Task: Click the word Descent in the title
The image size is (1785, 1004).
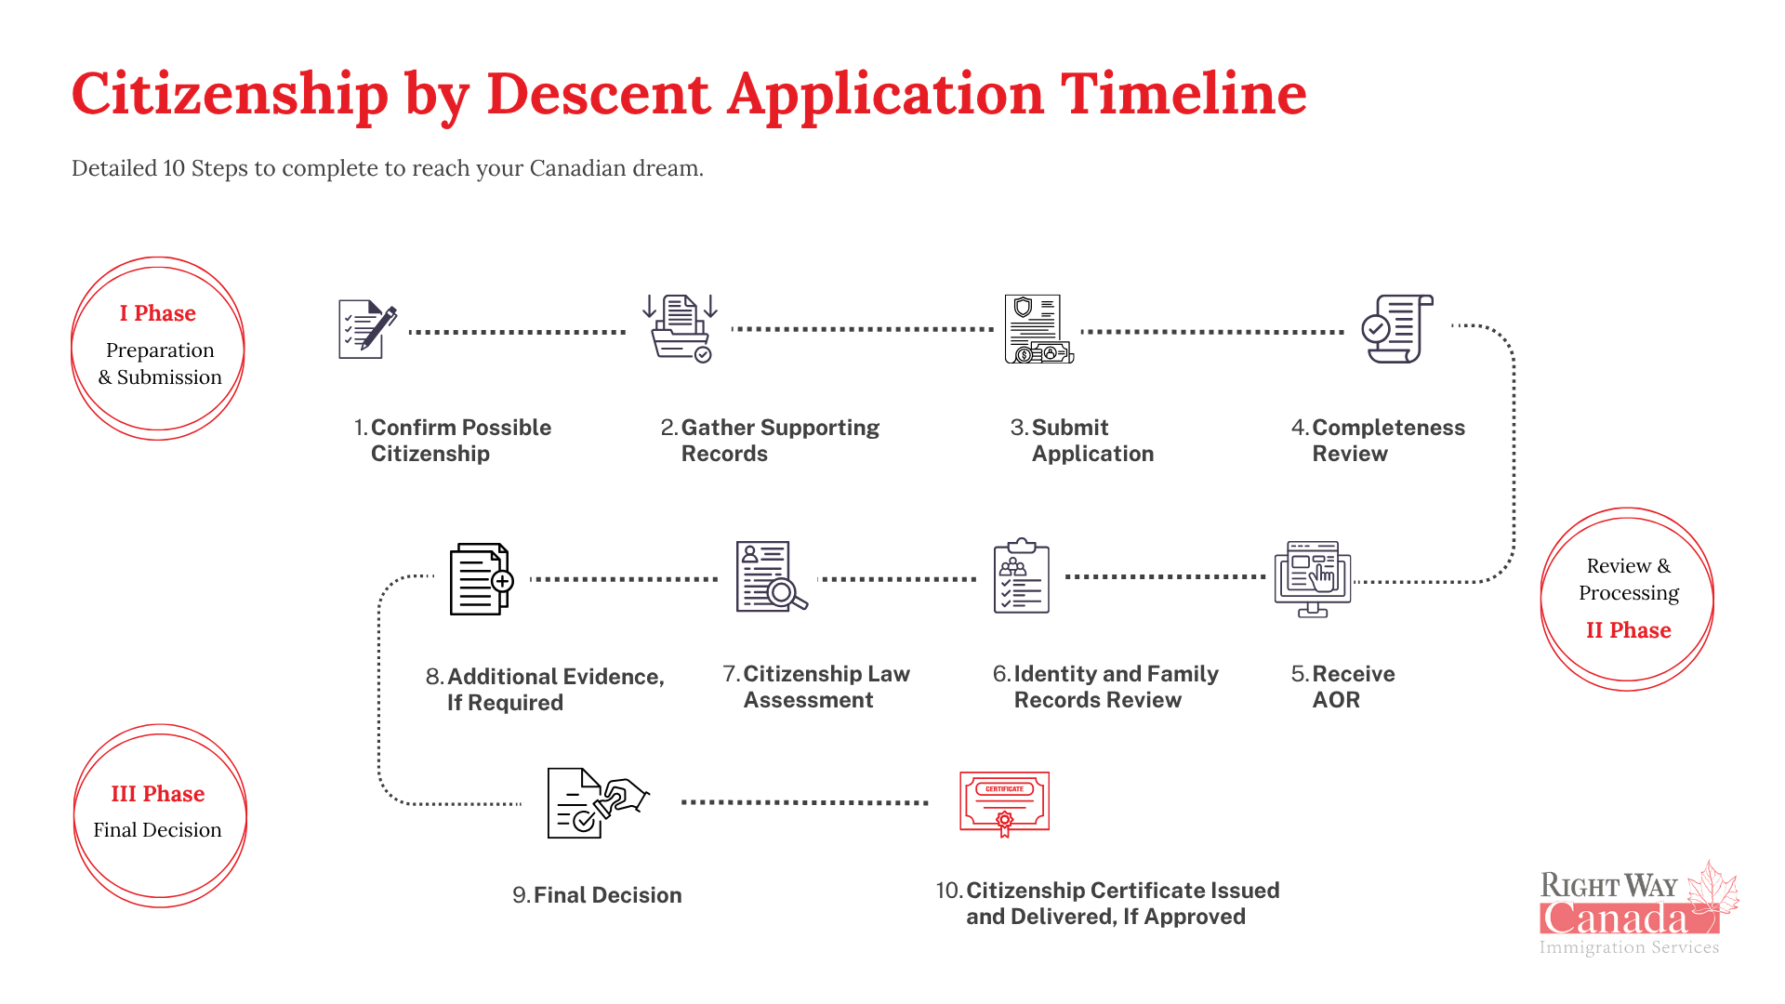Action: tap(599, 93)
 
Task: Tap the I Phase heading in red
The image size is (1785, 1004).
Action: tap(157, 313)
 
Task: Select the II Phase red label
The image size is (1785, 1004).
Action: tap(1628, 630)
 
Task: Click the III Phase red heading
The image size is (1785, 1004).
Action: tap(157, 794)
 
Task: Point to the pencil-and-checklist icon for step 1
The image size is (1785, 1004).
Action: tap(367, 329)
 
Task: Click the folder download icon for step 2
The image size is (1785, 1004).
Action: tap(680, 328)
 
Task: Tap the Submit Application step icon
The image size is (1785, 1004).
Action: tap(1038, 329)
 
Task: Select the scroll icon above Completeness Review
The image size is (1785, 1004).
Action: tap(1397, 329)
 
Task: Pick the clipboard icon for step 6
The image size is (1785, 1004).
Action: tap(1022, 575)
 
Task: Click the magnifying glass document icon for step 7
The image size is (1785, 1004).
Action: tap(772, 576)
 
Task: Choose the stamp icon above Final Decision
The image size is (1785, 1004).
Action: tap(598, 803)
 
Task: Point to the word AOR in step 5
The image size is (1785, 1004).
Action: tap(1336, 700)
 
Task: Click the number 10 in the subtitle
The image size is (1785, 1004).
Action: tap(174, 168)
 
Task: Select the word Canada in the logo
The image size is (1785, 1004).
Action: tap(1613, 918)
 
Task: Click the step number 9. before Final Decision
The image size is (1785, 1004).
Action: tap(521, 895)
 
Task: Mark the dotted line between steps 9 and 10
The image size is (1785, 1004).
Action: tap(805, 802)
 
